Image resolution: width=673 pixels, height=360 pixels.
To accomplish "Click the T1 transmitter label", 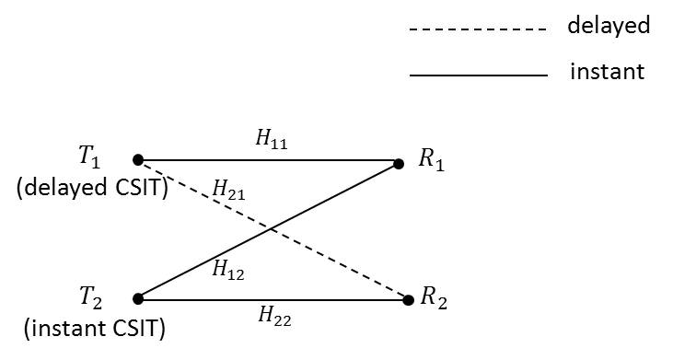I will click(89, 158).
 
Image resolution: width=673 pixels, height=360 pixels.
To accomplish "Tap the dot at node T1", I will click(138, 159).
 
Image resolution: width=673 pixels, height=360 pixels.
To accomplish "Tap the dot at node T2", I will click(138, 298).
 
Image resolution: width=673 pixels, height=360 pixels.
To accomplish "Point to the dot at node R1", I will click(399, 164).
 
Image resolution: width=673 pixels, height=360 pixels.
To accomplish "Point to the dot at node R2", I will click(409, 298).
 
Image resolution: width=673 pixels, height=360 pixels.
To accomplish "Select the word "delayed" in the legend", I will click(608, 26).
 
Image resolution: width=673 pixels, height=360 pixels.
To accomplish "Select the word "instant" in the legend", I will click(607, 71).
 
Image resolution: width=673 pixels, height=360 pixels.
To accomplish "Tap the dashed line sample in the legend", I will click(478, 29).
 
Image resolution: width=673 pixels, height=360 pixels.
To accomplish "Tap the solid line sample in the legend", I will click(478, 75).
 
